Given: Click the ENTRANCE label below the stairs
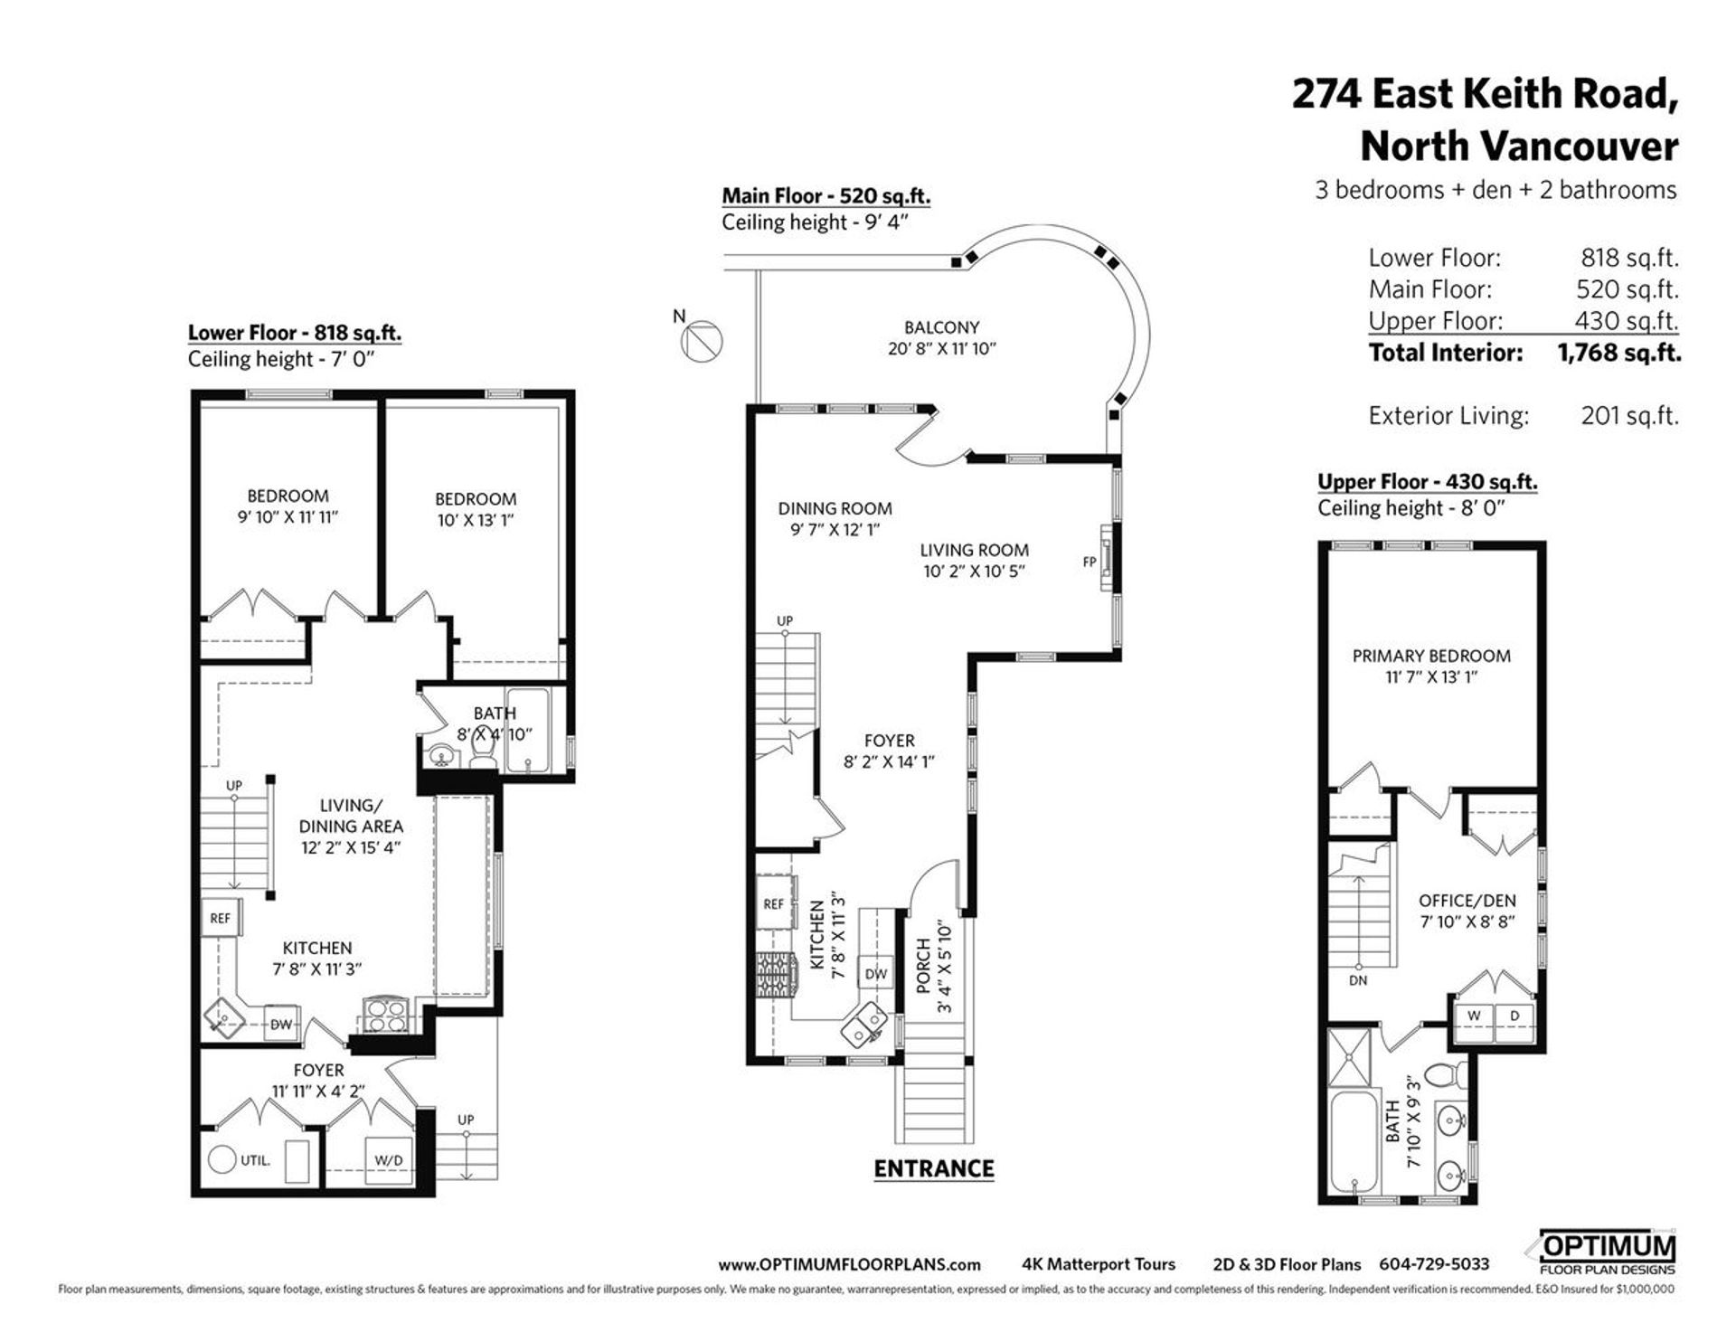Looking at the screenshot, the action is (934, 1168).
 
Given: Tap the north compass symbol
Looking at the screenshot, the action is (705, 342).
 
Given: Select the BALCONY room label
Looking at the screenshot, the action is (941, 327).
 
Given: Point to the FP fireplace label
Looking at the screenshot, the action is (1090, 562).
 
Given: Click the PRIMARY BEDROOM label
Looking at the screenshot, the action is (1431, 656).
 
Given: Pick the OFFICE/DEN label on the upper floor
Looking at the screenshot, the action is (1467, 901).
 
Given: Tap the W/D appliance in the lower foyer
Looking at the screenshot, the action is (389, 1160).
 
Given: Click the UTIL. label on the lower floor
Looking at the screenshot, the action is (255, 1160).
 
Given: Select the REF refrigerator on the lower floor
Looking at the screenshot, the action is (221, 918).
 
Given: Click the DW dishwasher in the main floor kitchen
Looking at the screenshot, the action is (875, 974).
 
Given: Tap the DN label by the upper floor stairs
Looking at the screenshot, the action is (1357, 980).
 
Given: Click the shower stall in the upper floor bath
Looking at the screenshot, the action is (1353, 1057).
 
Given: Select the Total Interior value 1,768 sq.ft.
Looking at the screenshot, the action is (1618, 353).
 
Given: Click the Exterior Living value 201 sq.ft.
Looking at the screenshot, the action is (1629, 416).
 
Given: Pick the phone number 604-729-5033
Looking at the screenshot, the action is (1434, 1264).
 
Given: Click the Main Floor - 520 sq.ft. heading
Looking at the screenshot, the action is (826, 195).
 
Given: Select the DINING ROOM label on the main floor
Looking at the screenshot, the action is (835, 508).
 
